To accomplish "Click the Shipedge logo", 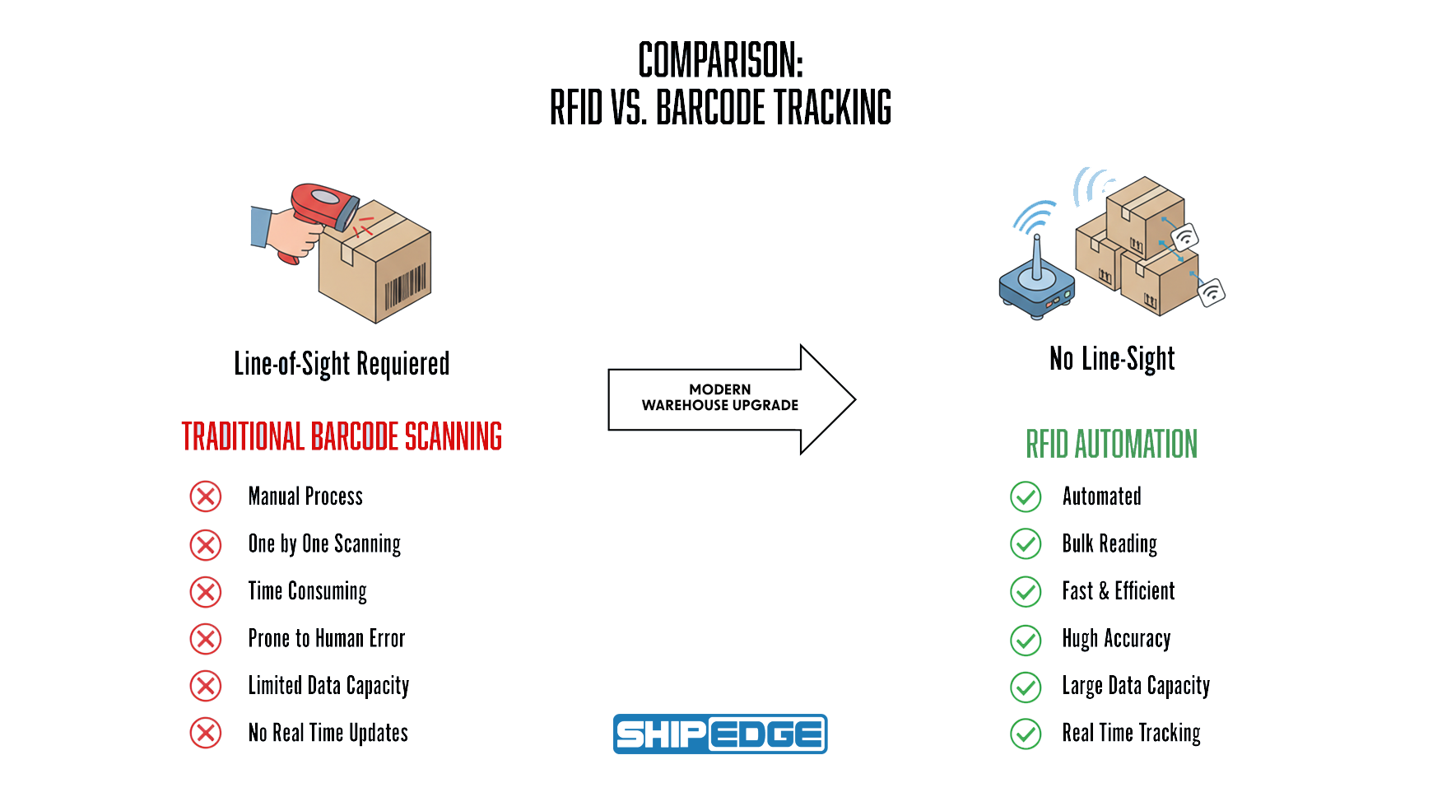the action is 720,734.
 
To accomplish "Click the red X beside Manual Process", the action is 206,496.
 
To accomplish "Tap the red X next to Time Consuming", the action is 206,592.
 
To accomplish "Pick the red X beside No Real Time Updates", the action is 206,733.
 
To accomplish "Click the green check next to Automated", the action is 1026,496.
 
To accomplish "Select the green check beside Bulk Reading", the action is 1026,543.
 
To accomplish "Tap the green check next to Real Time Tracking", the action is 1026,733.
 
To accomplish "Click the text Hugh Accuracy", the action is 1116,639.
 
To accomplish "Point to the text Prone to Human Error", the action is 327,639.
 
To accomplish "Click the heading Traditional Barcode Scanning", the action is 342,436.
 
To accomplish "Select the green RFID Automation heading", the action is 1111,445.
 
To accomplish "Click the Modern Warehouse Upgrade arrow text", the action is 720,398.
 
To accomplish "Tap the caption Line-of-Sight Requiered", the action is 342,363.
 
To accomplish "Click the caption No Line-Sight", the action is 1112,359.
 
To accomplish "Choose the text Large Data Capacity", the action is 1136,686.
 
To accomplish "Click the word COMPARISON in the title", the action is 720,61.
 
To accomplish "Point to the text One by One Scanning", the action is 324,544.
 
